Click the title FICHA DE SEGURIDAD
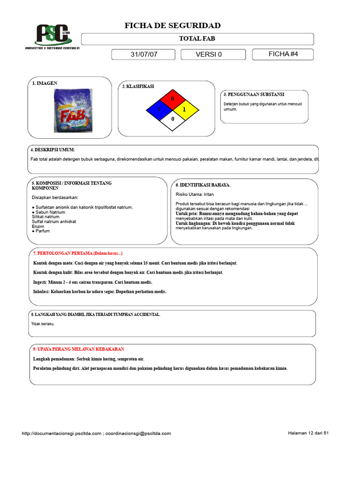(x=172, y=25)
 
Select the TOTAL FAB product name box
(x=197, y=39)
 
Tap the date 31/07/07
(x=144, y=54)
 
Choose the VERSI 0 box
(x=209, y=54)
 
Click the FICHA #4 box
(x=283, y=54)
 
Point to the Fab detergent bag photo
(x=73, y=111)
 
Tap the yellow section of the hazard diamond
(x=184, y=110)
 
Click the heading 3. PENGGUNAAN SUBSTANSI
(x=254, y=95)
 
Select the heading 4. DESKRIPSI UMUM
(x=52, y=150)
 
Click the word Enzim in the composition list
(x=38, y=226)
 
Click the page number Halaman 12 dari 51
(x=308, y=433)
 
